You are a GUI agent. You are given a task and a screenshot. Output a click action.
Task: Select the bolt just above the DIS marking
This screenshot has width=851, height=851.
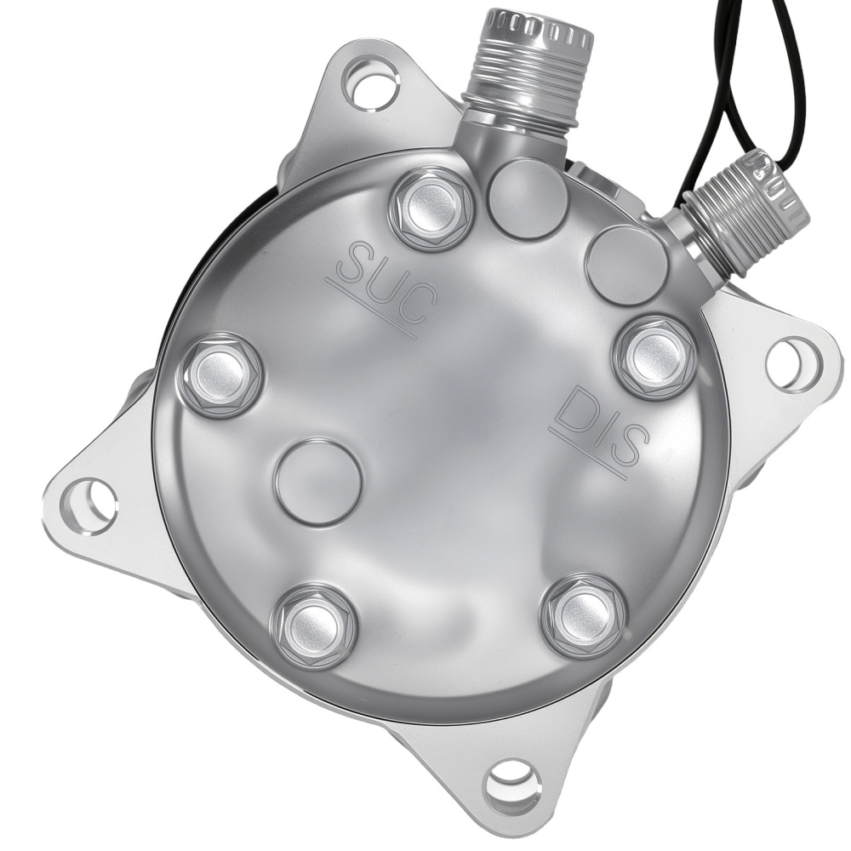[654, 356]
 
